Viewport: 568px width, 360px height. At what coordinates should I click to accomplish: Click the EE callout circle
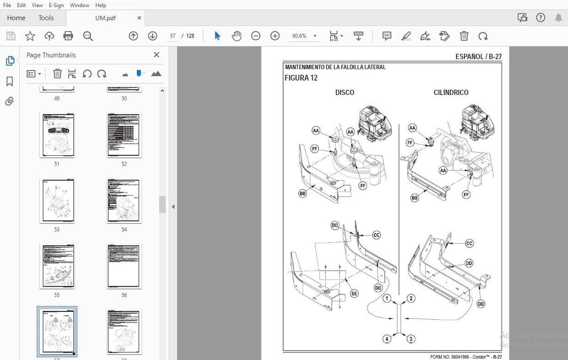(354, 294)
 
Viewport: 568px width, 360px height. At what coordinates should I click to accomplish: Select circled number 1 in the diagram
(387, 299)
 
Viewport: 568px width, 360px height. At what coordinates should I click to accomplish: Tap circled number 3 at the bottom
(411, 339)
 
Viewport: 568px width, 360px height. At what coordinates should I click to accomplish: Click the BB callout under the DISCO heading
(302, 194)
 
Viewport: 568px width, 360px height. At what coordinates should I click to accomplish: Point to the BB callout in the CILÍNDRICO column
(415, 198)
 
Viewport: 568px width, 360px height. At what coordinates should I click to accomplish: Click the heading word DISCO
(344, 93)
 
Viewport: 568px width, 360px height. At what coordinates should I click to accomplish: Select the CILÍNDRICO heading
(451, 93)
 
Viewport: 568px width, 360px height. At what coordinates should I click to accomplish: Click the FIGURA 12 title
(301, 78)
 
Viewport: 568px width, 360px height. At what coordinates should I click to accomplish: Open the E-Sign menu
(56, 5)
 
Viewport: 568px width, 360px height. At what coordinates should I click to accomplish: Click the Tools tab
(46, 18)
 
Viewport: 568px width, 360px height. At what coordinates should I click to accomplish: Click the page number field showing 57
(173, 36)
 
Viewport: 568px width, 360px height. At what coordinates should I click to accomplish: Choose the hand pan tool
(236, 36)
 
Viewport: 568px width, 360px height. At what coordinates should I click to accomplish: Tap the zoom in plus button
(275, 36)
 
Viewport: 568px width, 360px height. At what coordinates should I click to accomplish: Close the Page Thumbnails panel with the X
(156, 55)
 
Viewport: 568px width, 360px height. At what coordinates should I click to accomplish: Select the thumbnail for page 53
(57, 201)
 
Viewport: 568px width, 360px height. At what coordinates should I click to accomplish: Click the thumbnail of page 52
(124, 135)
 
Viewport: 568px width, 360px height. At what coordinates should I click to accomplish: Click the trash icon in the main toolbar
(464, 36)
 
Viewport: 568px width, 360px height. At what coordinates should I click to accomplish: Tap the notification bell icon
(558, 18)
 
